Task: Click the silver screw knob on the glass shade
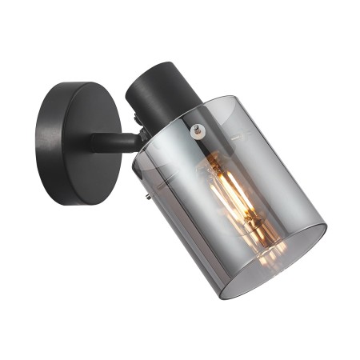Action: click(x=198, y=128)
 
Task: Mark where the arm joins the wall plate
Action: click(x=94, y=143)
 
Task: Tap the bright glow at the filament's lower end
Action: click(x=264, y=240)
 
